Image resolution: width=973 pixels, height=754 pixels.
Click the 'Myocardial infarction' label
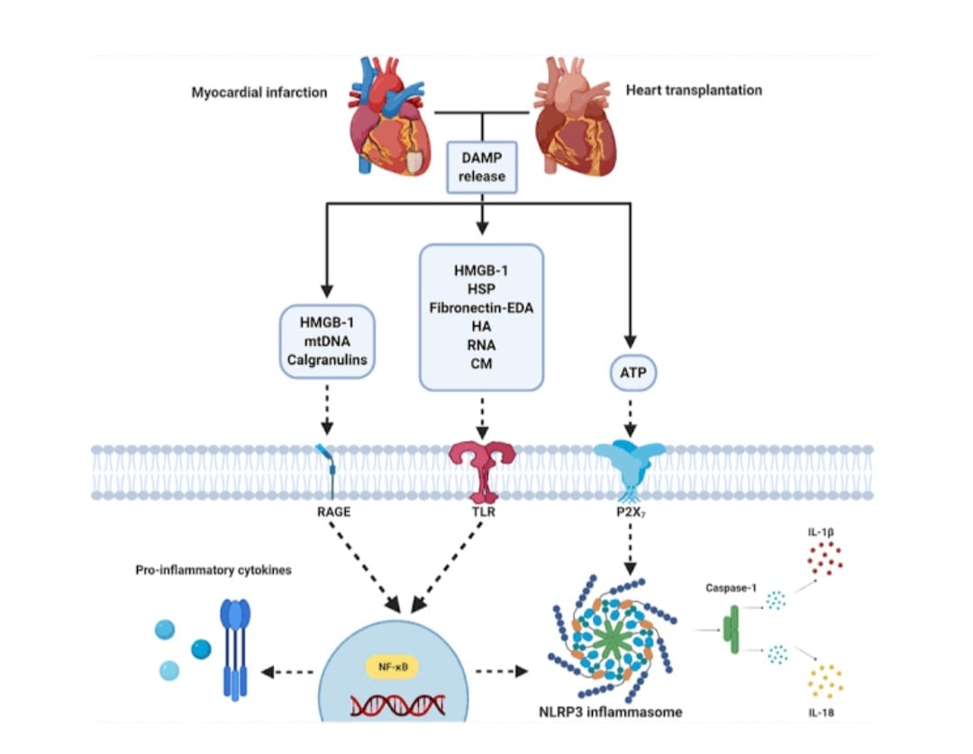pyautogui.click(x=259, y=92)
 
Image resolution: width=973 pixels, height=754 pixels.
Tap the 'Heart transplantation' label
pyautogui.click(x=694, y=90)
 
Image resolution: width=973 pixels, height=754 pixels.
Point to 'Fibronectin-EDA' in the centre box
pyautogui.click(x=481, y=308)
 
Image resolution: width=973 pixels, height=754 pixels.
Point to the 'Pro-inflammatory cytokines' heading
pyautogui.click(x=214, y=570)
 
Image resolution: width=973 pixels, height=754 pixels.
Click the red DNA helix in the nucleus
pyautogui.click(x=397, y=705)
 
